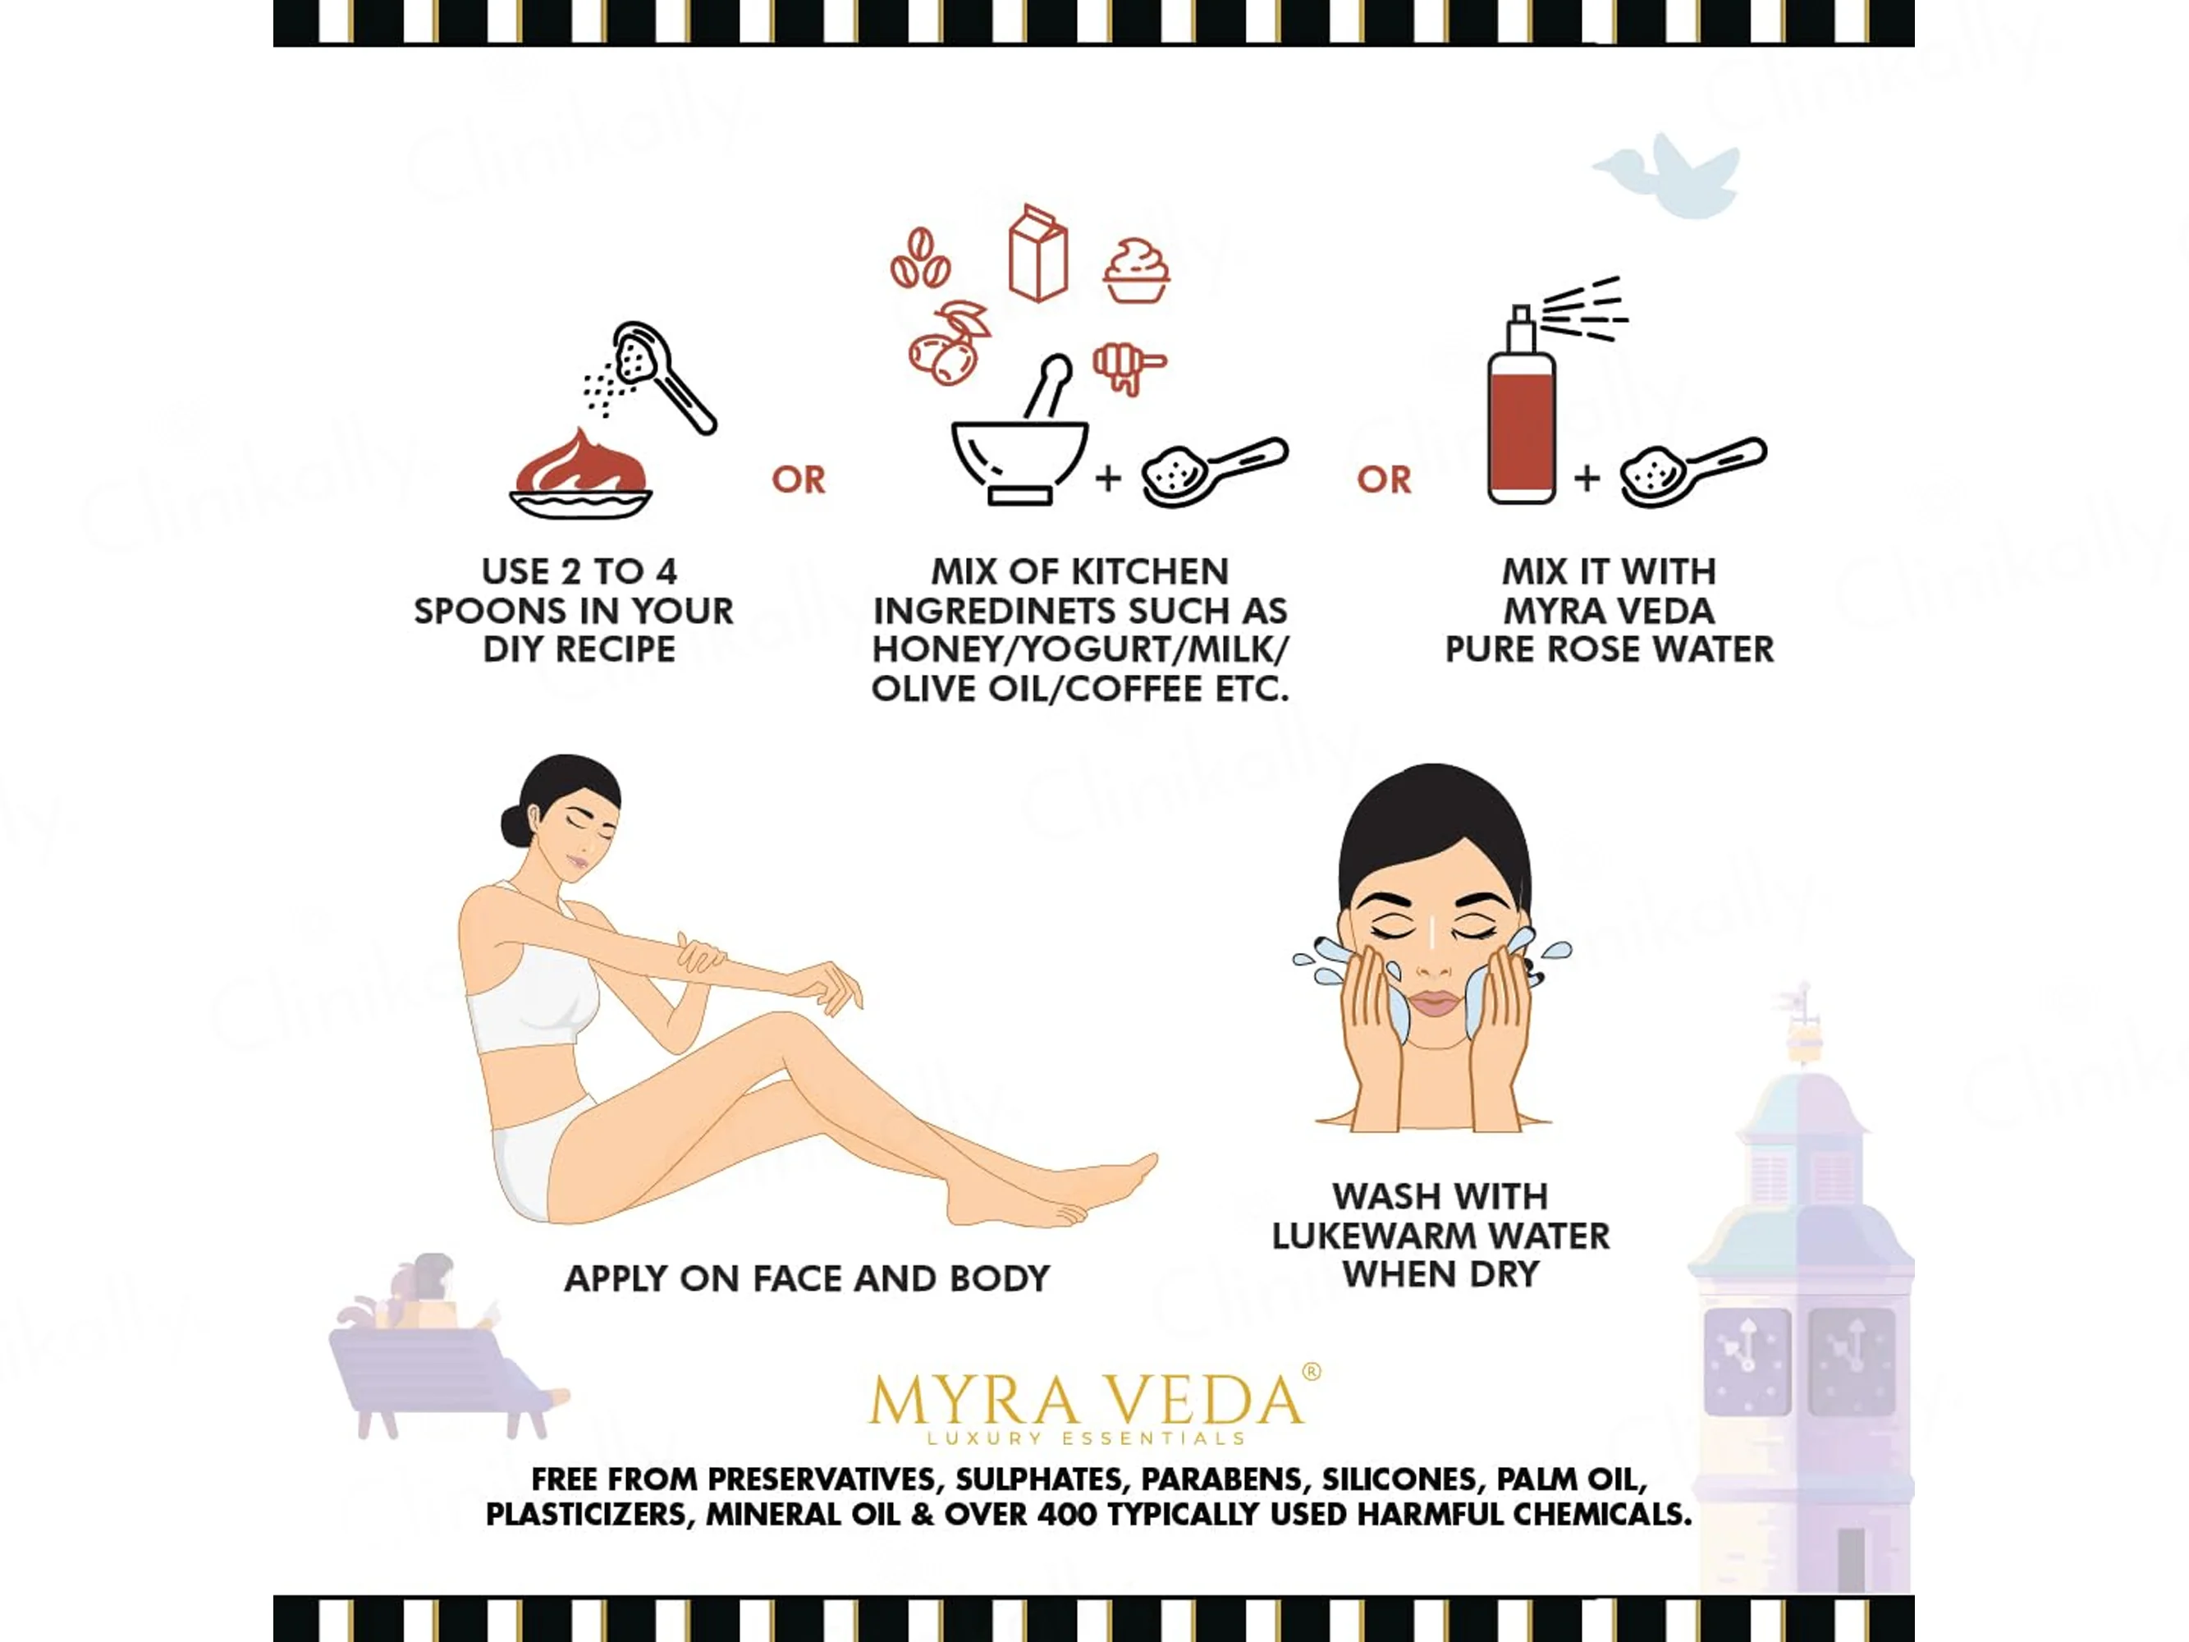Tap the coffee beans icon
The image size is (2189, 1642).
pyautogui.click(x=920, y=259)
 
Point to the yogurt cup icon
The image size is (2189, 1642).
pyautogui.click(x=1136, y=270)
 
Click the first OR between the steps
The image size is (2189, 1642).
pyautogui.click(x=799, y=480)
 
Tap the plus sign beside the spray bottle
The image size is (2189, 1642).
pyautogui.click(x=1587, y=478)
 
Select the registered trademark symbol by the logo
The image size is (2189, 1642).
pyautogui.click(x=1312, y=1372)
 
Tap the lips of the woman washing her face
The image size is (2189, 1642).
pyautogui.click(x=1435, y=1003)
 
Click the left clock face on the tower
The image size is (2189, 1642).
pyautogui.click(x=1747, y=1362)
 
